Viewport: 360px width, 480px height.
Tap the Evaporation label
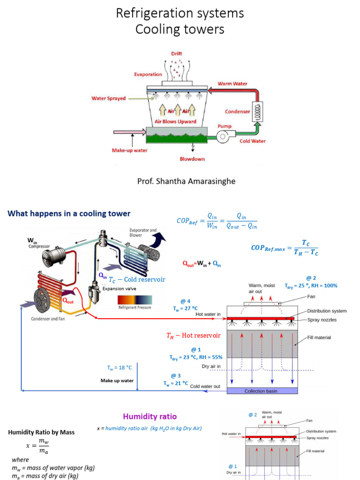[148, 74]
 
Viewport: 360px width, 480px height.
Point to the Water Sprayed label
[108, 98]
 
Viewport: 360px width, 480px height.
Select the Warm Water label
[232, 84]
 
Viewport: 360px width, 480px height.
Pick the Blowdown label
[193, 159]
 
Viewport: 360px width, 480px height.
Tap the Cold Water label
[252, 141]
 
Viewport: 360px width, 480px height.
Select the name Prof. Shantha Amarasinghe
[180, 181]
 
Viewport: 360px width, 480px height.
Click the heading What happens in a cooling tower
[69, 214]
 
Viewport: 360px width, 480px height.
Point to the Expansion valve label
[120, 289]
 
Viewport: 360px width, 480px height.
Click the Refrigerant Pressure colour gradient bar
[135, 300]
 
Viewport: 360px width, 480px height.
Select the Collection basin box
[262, 391]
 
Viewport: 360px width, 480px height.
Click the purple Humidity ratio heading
[150, 416]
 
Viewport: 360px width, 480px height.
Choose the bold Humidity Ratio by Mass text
[41, 432]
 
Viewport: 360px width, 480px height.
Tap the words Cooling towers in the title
[180, 30]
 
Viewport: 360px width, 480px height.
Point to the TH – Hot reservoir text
[193, 336]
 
